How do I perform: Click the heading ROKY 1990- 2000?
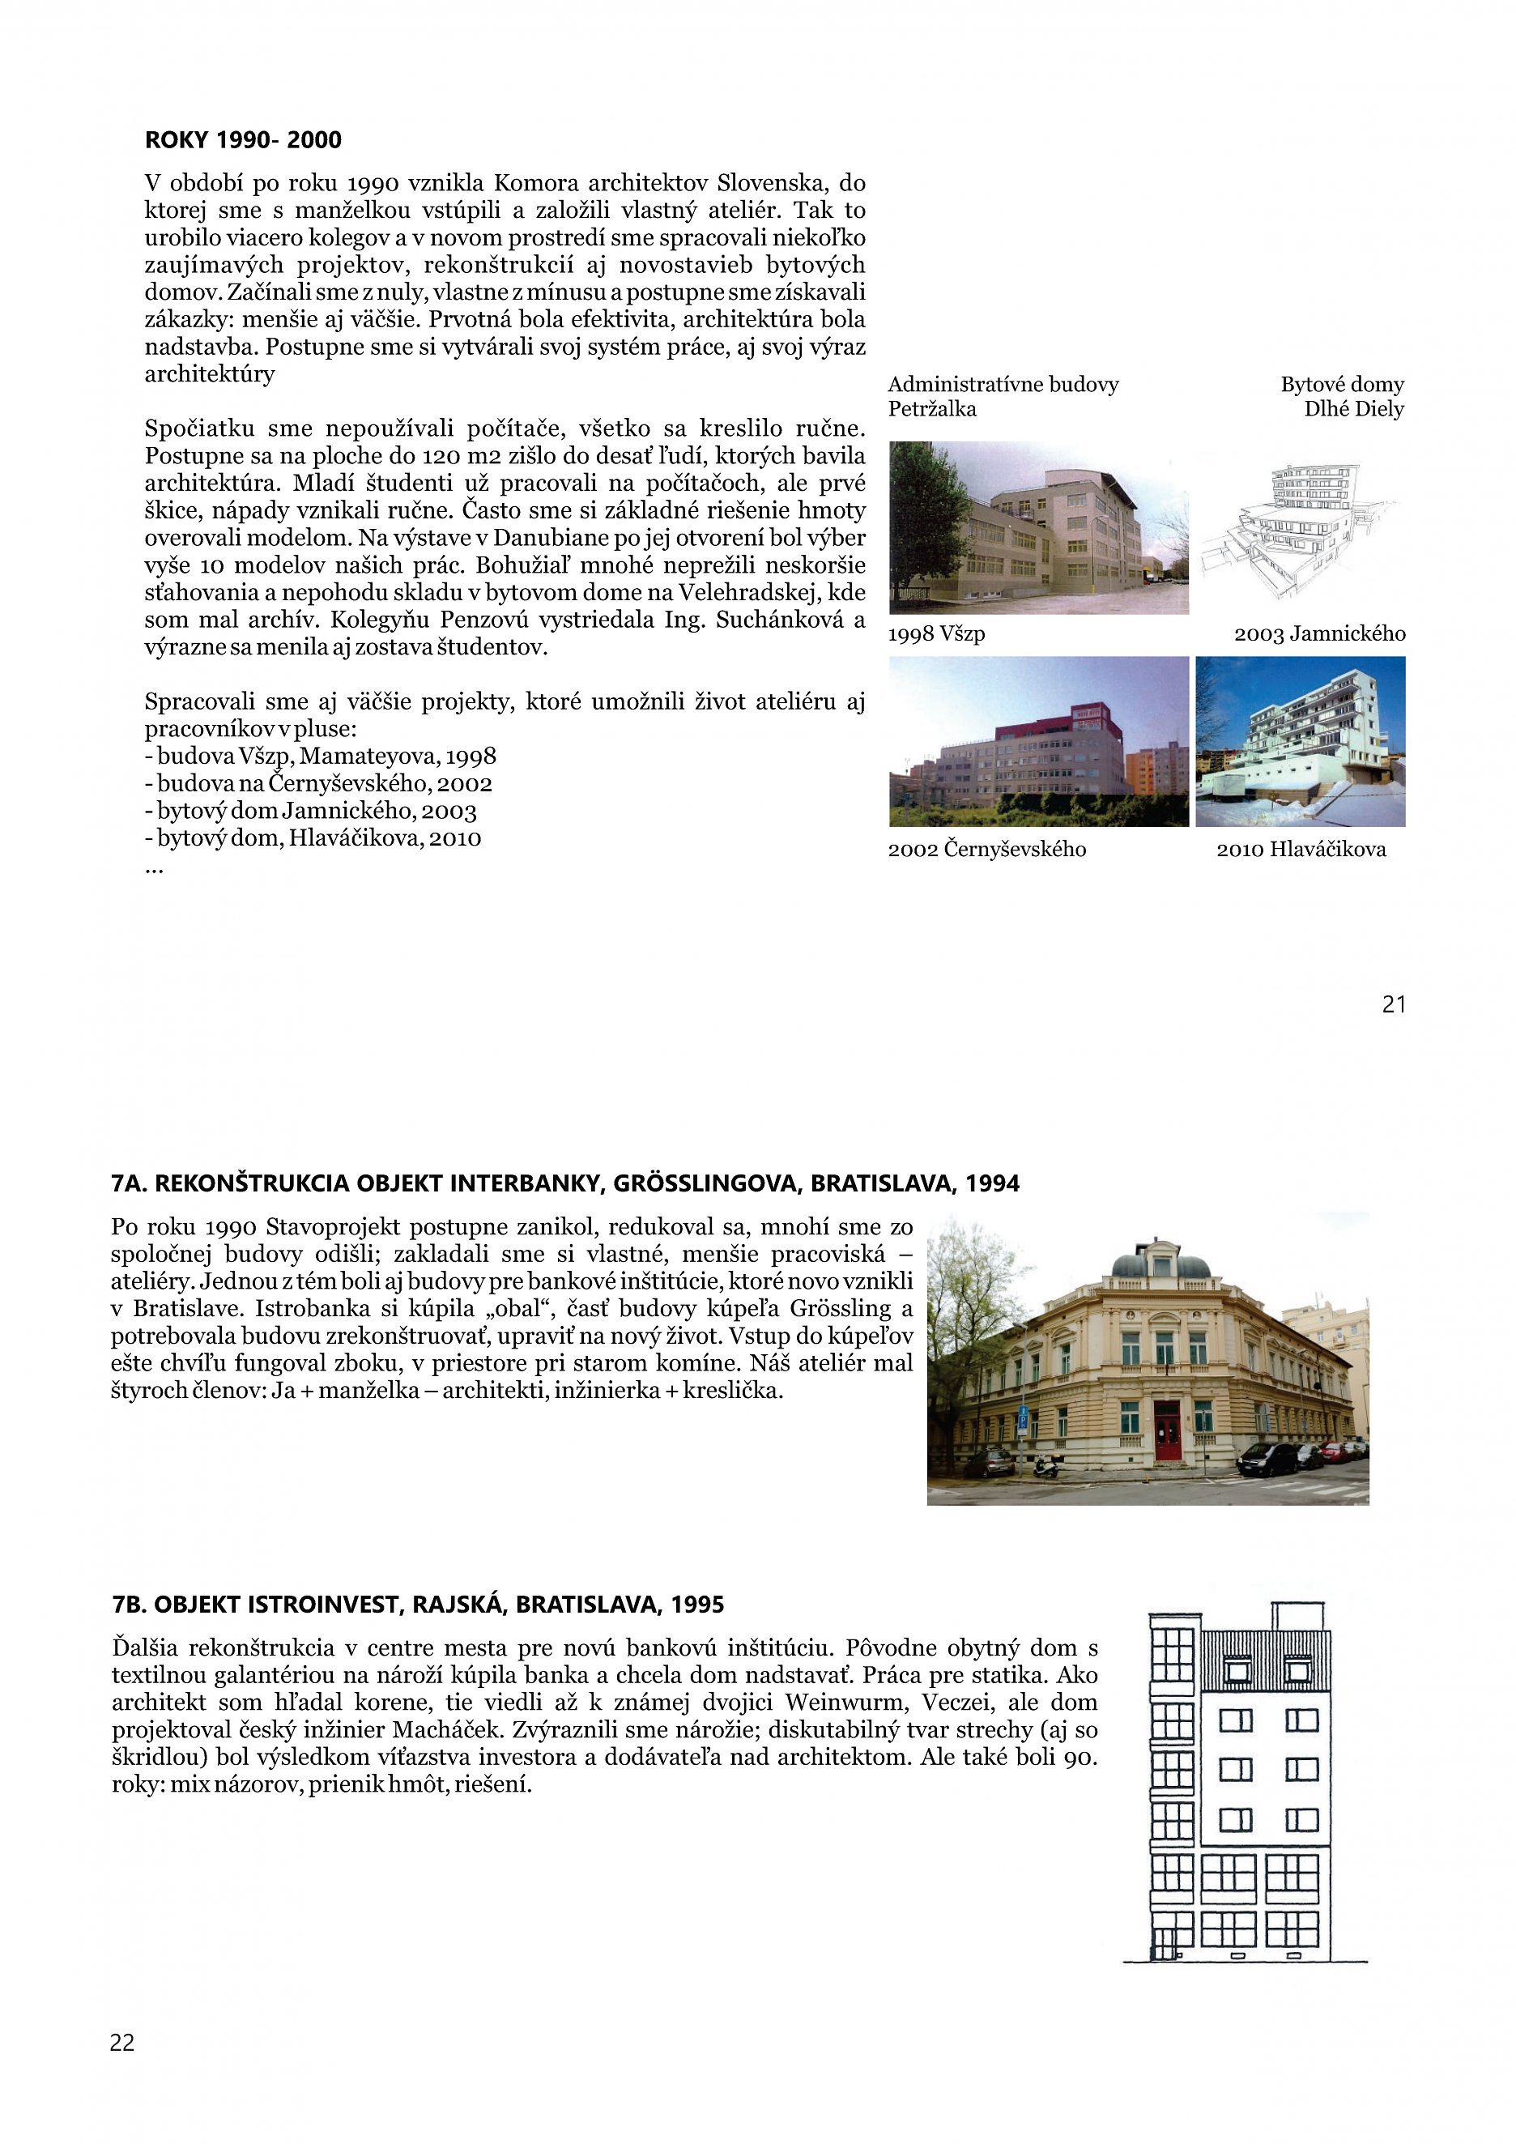243,140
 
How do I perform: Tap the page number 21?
1393,1004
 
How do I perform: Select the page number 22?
122,2042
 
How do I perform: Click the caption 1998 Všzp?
936,634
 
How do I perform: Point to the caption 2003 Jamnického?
1319,634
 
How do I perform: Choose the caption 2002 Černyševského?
986,849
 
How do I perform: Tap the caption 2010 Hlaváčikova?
1301,849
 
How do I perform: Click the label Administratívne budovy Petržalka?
1003,396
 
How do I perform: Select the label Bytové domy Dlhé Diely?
1341,396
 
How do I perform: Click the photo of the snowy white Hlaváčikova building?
1300,740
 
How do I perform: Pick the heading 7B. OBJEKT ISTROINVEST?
417,1605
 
